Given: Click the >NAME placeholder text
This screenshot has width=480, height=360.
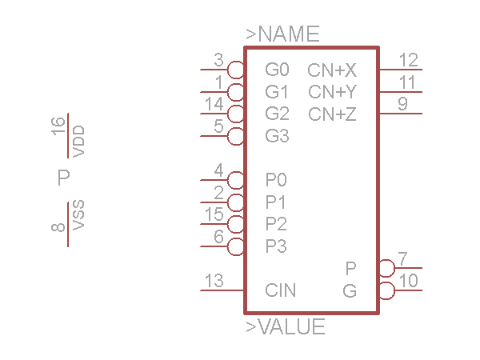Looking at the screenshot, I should tap(282, 34).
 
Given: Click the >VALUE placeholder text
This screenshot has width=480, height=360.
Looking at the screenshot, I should tap(285, 327).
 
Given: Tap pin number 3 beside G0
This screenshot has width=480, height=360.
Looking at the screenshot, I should tap(218, 60).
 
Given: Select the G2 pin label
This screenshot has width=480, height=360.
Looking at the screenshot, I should tap(277, 114).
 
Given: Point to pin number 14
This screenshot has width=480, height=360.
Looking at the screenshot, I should tap(214, 104).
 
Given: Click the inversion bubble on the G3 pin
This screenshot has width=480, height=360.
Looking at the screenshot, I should tap(236, 135).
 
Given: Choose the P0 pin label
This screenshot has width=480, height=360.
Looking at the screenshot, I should tap(276, 179).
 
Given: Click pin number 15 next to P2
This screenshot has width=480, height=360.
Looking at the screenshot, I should tap(214, 214).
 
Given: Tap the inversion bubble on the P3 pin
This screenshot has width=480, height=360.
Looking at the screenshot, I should tap(236, 246).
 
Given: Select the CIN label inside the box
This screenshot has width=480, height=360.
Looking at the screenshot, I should tap(281, 290).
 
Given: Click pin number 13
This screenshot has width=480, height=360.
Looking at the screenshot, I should tap(214, 281).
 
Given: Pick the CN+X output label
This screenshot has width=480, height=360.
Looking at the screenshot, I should tap(332, 70).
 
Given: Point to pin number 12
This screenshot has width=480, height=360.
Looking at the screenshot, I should tap(408, 60).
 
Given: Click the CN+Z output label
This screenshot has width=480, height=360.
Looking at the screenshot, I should tap(332, 114).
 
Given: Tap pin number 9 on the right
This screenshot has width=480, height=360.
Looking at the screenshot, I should tap(402, 104).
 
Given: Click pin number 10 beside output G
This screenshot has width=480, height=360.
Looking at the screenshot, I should tap(408, 281).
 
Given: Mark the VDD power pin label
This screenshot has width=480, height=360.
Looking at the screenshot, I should tap(78, 141).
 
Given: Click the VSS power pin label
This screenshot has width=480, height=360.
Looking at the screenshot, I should tap(78, 216).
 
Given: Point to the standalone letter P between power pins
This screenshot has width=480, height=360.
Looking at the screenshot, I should tap(64, 178).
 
